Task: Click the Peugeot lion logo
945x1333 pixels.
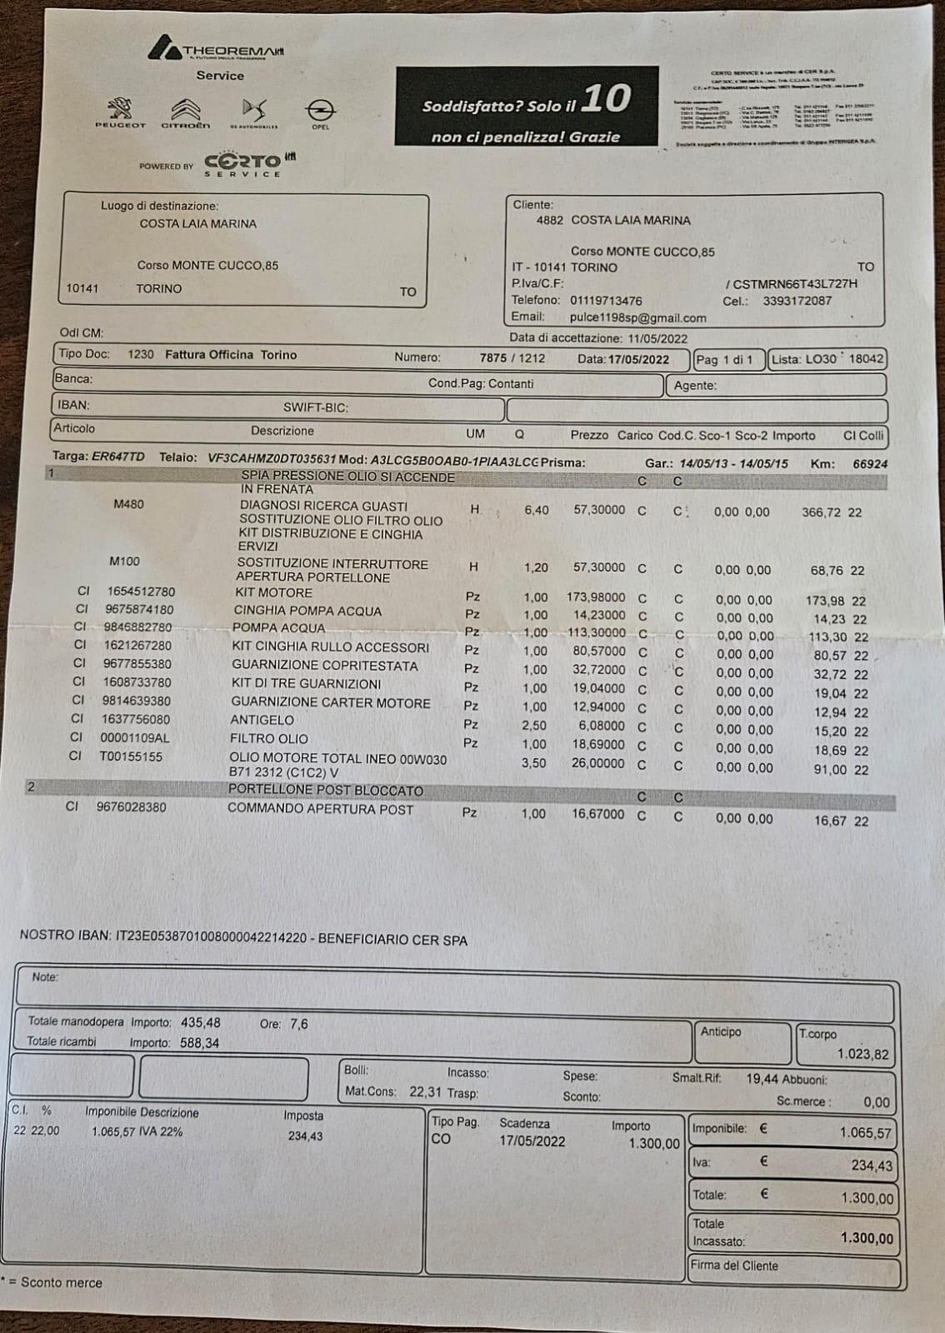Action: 120,108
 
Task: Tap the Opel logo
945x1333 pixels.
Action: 320,110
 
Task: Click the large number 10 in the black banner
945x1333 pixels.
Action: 606,99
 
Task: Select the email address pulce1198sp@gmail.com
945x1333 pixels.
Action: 637,317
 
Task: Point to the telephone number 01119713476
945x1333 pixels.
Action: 606,300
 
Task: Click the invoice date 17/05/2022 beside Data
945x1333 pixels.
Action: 638,359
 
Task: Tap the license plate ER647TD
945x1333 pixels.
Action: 117,457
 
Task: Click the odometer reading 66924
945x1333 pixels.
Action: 869,463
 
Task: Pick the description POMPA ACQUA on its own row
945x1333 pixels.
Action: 278,628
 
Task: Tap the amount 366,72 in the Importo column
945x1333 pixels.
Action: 821,512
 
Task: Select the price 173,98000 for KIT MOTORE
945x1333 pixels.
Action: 596,597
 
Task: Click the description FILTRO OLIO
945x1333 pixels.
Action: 268,739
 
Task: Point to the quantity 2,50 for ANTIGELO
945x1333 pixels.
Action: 535,726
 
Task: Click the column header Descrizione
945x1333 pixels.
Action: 282,431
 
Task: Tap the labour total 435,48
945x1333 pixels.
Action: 200,1022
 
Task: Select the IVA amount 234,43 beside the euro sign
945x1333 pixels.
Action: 871,1166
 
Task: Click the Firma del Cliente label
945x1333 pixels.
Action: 734,1266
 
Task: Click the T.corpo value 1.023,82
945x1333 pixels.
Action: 862,1054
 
